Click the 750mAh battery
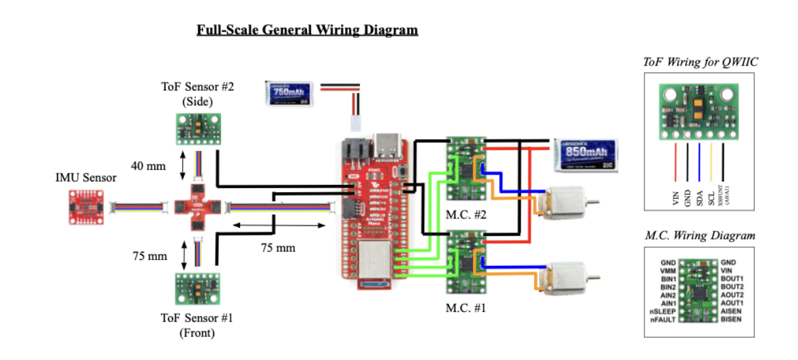[x=287, y=93]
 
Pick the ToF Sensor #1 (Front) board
[x=195, y=289]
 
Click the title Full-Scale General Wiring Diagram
[x=307, y=30]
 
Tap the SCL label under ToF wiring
[x=711, y=197]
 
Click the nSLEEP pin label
[x=664, y=311]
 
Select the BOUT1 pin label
[x=733, y=278]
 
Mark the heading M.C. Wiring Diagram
[x=700, y=236]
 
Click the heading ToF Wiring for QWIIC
[x=700, y=63]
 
